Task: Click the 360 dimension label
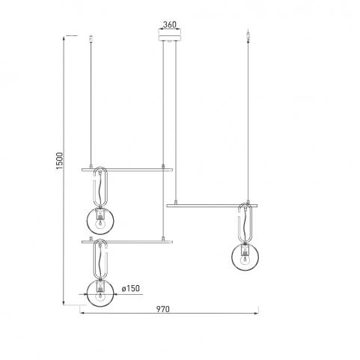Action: pos(170,25)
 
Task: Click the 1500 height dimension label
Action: pos(60,161)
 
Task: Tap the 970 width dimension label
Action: pos(163,309)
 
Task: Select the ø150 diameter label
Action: pos(131,289)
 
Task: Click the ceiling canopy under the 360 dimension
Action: pos(170,38)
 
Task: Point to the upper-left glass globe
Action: pos(100,221)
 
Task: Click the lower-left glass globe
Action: pos(100,293)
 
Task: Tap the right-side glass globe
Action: pos(245,257)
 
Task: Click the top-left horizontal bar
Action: pos(127,170)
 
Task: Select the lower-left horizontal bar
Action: pos(127,242)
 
